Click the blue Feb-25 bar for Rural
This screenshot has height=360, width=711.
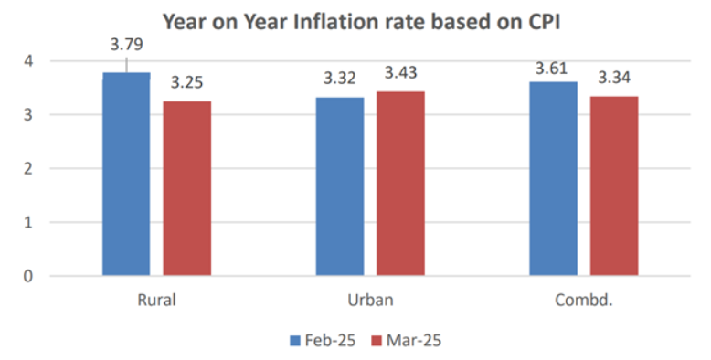pos(126,174)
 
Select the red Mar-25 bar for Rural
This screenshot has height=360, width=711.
pos(187,188)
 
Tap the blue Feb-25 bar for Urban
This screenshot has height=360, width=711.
pos(340,186)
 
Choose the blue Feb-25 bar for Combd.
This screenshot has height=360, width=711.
pos(553,178)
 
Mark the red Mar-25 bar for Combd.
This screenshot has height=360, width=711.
pos(614,185)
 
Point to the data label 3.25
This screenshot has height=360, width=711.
pos(187,83)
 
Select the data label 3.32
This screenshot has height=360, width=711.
pos(340,79)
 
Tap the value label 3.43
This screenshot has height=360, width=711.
pos(400,73)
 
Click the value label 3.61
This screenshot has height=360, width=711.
pos(553,64)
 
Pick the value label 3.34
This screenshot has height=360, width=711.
pos(614,78)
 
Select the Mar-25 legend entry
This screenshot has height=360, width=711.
pos(408,340)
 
